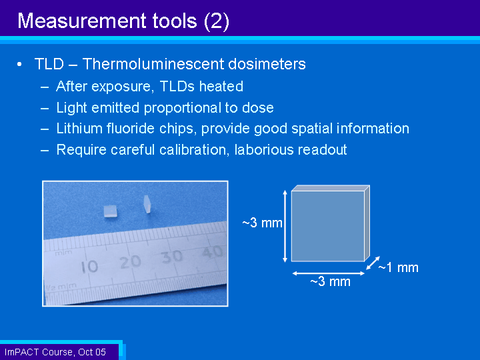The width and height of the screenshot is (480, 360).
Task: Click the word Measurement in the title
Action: pos(82,21)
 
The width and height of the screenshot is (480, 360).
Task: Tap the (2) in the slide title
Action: pos(216,21)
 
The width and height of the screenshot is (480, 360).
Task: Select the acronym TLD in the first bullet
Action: pos(49,64)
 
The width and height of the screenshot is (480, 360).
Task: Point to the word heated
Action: pos(221,86)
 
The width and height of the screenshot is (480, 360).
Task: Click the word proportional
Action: pos(183,108)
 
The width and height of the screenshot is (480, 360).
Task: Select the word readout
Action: pos(322,150)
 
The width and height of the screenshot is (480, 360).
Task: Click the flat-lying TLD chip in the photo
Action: pos(110,211)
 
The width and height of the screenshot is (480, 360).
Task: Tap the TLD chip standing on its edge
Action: pos(147,204)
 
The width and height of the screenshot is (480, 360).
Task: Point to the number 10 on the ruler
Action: pos(89,267)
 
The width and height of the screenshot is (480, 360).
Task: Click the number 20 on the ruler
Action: pos(130,262)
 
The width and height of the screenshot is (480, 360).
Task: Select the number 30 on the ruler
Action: pos(172,257)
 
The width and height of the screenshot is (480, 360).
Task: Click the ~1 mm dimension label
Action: pos(398,267)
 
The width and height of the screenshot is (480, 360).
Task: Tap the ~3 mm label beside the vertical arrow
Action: pos(262,223)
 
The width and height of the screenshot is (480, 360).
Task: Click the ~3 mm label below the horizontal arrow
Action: pos(330,281)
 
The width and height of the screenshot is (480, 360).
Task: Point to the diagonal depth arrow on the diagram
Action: pos(373,263)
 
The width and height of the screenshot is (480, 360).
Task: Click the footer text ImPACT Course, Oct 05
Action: pos(55,352)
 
